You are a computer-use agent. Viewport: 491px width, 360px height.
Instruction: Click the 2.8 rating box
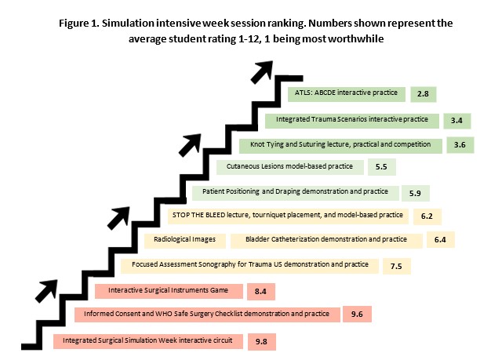click(424, 94)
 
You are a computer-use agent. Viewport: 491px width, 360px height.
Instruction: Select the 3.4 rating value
click(456, 121)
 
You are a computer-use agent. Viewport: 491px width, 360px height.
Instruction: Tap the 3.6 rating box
click(460, 145)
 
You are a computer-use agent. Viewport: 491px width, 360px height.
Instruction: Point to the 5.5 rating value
click(381, 167)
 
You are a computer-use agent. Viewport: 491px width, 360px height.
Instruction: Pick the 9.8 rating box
click(262, 341)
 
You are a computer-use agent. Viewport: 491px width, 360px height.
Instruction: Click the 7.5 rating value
click(396, 267)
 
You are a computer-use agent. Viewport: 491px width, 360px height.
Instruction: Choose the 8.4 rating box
click(261, 292)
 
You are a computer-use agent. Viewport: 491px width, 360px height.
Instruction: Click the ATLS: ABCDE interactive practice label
click(346, 93)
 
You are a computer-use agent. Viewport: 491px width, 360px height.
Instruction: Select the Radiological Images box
click(185, 241)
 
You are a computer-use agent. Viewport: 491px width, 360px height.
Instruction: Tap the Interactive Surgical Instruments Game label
click(168, 290)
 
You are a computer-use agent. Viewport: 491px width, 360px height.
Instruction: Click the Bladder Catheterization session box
click(326, 241)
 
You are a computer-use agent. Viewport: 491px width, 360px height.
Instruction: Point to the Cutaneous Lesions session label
click(289, 166)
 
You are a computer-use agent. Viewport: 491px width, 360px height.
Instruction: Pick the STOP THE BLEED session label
click(287, 215)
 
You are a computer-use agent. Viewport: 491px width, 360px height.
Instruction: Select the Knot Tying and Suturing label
click(340, 144)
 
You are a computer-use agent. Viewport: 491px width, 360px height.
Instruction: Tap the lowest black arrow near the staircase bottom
click(46, 291)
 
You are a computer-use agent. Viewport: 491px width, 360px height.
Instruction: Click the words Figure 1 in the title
click(78, 24)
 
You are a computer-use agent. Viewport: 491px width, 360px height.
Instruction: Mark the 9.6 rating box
click(357, 315)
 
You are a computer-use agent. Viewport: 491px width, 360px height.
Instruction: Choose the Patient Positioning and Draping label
click(295, 191)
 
